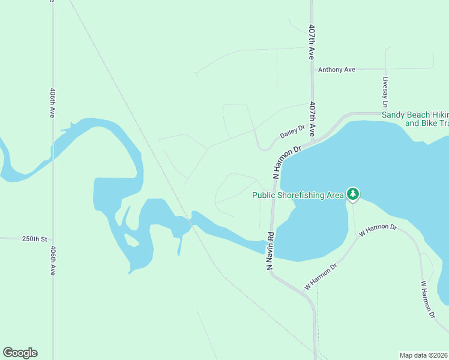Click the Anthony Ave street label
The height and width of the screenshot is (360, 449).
336,70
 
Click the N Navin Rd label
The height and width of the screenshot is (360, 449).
270,250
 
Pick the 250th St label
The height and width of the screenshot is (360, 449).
34,239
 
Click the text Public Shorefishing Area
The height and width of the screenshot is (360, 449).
298,194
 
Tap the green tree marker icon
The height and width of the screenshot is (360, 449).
354,194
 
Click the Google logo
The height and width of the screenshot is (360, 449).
20,353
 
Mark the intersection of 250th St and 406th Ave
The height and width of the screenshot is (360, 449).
53,239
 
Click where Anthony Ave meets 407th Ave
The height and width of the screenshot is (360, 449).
312,70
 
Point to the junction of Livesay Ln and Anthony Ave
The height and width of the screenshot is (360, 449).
386,69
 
